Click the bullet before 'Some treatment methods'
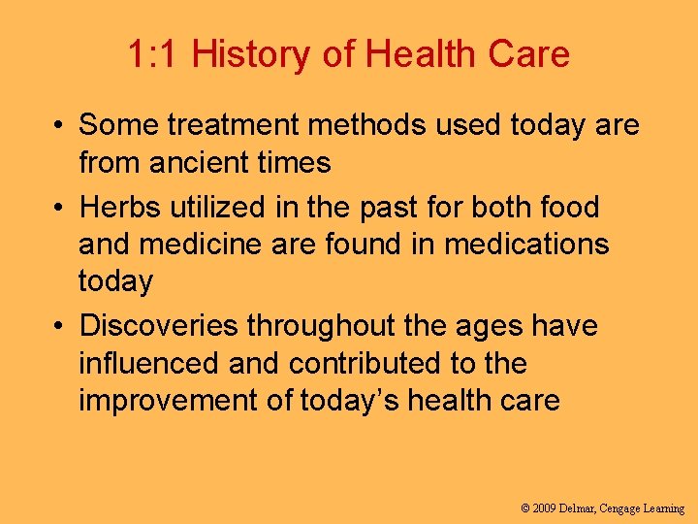pyautogui.click(x=60, y=125)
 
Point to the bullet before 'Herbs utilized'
pyautogui.click(x=60, y=207)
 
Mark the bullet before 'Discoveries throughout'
pyautogui.click(x=60, y=326)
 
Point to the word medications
pyautogui.click(x=526, y=244)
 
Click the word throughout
pyautogui.click(x=321, y=326)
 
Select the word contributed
pyautogui.click(x=371, y=364)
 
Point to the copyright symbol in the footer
pyautogui.click(x=525, y=508)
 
